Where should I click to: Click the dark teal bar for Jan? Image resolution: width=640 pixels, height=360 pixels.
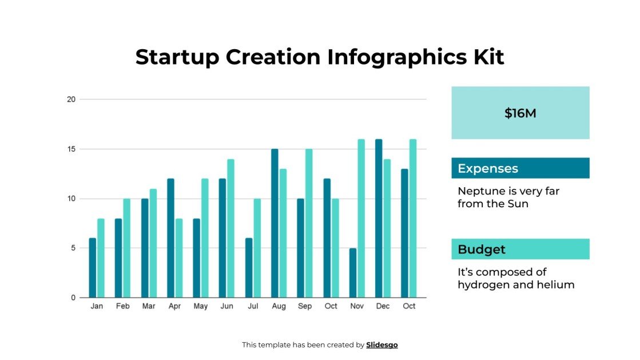[93, 268]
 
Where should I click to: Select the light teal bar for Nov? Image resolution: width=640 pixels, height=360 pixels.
[361, 218]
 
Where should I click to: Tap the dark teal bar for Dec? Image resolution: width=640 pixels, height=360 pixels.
[379, 218]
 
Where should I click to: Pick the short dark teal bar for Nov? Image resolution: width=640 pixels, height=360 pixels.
[353, 272]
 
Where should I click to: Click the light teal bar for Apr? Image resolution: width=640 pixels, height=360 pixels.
[179, 258]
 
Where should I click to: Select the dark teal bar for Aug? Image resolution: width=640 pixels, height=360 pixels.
[275, 223]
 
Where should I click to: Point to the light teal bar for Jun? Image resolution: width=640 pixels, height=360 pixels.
[230, 228]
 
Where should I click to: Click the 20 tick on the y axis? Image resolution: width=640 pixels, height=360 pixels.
[71, 99]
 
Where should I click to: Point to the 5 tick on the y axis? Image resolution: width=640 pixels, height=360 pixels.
[73, 248]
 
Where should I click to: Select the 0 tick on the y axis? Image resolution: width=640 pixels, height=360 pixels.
[73, 298]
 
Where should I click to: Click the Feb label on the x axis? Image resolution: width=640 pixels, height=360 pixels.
[122, 307]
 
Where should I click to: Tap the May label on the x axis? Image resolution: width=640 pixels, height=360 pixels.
[201, 307]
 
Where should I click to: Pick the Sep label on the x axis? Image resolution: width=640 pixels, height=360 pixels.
[305, 307]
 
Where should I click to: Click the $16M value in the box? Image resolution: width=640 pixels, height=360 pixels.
[520, 113]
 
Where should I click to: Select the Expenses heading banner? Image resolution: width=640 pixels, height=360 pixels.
[520, 168]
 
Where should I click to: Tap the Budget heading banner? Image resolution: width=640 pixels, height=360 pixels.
[520, 250]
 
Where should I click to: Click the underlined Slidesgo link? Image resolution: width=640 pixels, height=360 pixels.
[381, 345]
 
